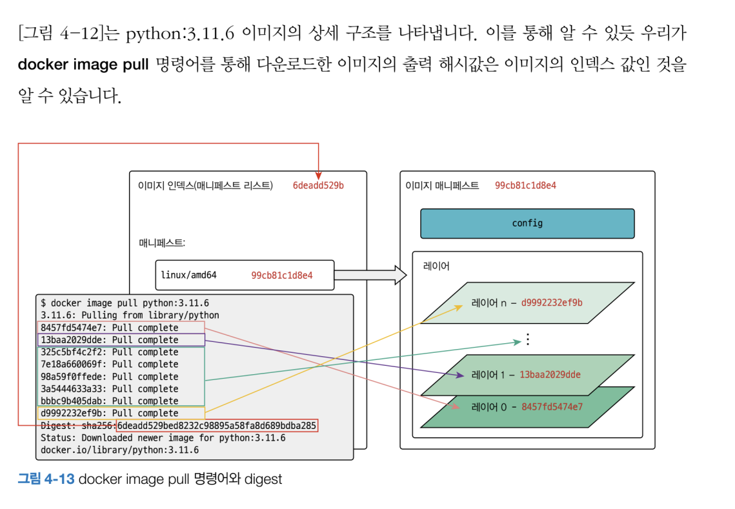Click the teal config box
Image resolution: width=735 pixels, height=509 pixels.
click(x=527, y=223)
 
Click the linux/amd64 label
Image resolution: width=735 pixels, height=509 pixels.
click(x=188, y=275)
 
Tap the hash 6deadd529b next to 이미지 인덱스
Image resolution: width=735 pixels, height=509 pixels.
click(x=318, y=186)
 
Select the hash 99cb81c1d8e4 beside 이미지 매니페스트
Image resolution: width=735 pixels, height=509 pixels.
click(x=525, y=186)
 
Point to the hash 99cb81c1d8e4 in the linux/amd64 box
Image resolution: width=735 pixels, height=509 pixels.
click(x=282, y=275)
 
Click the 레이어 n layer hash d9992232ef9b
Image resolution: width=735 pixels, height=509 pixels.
click(x=552, y=303)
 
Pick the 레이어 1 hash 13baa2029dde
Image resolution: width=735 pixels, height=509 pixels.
click(x=550, y=374)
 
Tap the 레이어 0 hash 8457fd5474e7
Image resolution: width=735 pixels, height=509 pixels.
click(x=552, y=406)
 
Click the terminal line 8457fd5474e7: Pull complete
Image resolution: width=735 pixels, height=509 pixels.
click(x=109, y=328)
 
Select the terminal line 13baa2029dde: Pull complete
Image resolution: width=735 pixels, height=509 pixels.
click(x=109, y=340)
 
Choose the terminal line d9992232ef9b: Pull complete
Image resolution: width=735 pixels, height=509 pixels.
click(x=109, y=413)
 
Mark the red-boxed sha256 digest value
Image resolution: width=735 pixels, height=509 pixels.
click(x=217, y=426)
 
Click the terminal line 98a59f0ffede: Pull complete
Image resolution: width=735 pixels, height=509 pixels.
click(x=109, y=377)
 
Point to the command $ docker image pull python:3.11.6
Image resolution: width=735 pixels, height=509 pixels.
click(x=125, y=303)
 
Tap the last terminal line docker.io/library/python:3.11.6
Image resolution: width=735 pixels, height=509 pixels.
click(x=119, y=450)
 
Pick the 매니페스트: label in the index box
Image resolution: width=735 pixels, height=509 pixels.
click(x=162, y=243)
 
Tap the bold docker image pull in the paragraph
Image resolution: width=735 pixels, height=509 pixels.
click(x=84, y=66)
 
